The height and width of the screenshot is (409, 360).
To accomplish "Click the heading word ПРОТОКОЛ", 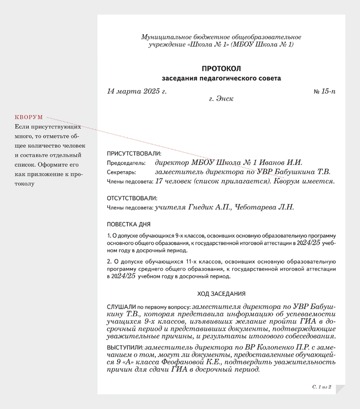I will [221, 69].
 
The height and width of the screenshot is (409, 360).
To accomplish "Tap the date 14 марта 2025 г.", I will [137, 91].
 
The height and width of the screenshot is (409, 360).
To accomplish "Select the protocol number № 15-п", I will [324, 91].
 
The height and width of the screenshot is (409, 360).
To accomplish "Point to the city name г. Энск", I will [221, 98].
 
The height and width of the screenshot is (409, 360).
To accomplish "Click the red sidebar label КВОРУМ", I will [29, 117].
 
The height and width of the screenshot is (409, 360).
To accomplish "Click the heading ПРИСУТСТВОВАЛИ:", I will [134, 153].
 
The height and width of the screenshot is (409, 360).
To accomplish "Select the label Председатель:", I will [126, 163].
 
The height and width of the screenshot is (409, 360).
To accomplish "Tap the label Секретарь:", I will [121, 172].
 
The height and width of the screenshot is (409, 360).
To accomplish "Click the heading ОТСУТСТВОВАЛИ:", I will [132, 198].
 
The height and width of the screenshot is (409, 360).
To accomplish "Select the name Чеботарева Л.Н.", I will [265, 207].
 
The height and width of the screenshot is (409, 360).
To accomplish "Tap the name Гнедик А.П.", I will [208, 207].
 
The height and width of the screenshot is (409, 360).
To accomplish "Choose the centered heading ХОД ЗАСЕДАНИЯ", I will [221, 294].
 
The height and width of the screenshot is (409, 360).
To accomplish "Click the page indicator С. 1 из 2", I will [322, 387].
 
